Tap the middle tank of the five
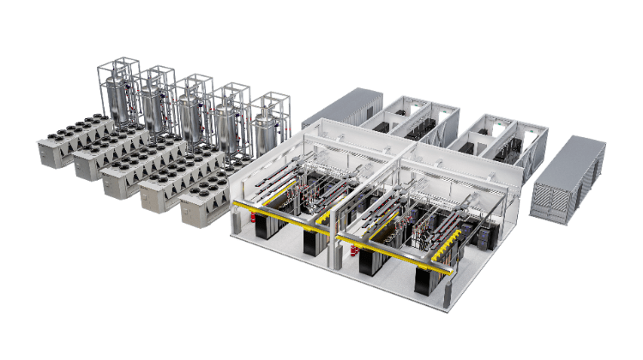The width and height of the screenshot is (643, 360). pyautogui.click(x=191, y=116)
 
